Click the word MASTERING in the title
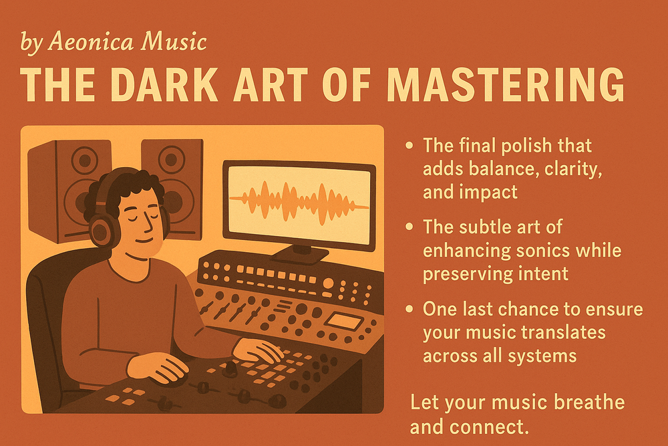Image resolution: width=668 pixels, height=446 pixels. (505, 84)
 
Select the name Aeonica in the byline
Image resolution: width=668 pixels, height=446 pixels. (90, 41)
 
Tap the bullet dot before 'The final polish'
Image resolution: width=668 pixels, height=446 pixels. (409, 146)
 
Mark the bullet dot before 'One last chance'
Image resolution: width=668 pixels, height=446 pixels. (409, 309)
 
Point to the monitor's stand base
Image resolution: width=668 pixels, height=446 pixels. (300, 254)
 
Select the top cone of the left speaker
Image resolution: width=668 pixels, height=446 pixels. (85, 160)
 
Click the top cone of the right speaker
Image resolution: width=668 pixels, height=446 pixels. (171, 159)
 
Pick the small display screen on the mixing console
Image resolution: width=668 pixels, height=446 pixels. (343, 321)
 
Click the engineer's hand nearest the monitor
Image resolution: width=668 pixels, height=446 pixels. (258, 350)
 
